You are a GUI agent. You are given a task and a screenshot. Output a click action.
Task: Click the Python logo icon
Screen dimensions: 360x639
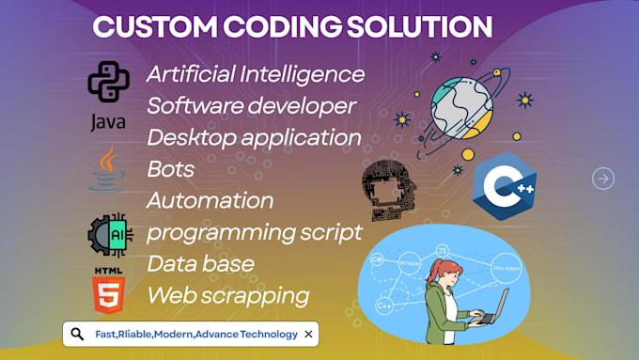tap(107, 82)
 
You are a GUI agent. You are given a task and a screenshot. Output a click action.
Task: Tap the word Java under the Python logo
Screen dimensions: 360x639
tap(107, 122)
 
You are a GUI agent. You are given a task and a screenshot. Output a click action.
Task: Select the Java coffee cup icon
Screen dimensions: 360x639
tap(107, 169)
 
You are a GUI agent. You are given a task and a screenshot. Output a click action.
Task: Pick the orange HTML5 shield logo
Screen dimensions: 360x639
tap(107, 291)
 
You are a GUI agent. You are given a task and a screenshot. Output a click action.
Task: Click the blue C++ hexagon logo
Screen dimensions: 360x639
tap(504, 186)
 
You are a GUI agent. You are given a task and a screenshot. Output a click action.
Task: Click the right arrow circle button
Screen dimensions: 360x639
tap(603, 178)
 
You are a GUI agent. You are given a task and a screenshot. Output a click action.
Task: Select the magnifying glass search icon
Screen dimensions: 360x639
tap(77, 334)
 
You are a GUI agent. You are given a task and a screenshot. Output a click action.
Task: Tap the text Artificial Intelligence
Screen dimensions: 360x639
tap(255, 73)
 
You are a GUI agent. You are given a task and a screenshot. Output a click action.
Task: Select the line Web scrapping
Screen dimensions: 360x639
tap(227, 295)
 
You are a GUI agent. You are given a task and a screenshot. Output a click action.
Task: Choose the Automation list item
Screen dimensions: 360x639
tap(210, 200)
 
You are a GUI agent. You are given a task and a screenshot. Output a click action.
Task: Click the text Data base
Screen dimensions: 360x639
tap(200, 263)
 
